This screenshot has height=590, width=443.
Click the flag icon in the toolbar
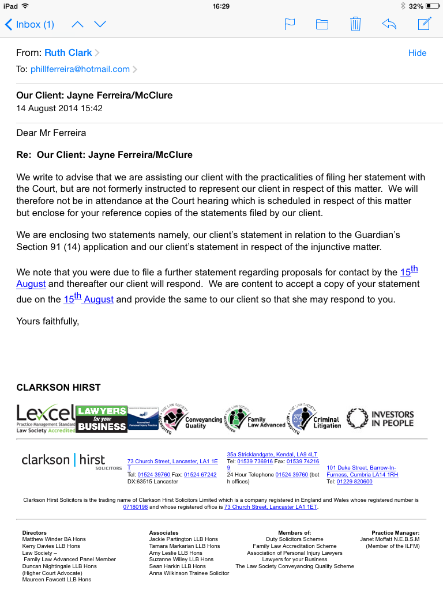coord(290,24)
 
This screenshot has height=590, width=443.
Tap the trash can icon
coord(355,24)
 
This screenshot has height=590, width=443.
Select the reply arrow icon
coord(389,24)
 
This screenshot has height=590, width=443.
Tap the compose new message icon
coord(425,24)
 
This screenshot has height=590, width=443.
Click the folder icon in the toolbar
coord(322,24)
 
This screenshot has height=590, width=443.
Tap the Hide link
coord(417,53)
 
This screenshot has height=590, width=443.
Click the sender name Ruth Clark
coord(68,53)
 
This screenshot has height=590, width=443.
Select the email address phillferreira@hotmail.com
coord(80,69)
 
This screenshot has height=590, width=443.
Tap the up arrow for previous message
coord(78,24)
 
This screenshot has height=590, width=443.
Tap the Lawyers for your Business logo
coord(102,419)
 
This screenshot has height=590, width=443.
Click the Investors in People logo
coord(380,419)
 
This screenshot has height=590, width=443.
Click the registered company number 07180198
coord(136,507)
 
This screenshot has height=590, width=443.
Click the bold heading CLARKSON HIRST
coord(58,388)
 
